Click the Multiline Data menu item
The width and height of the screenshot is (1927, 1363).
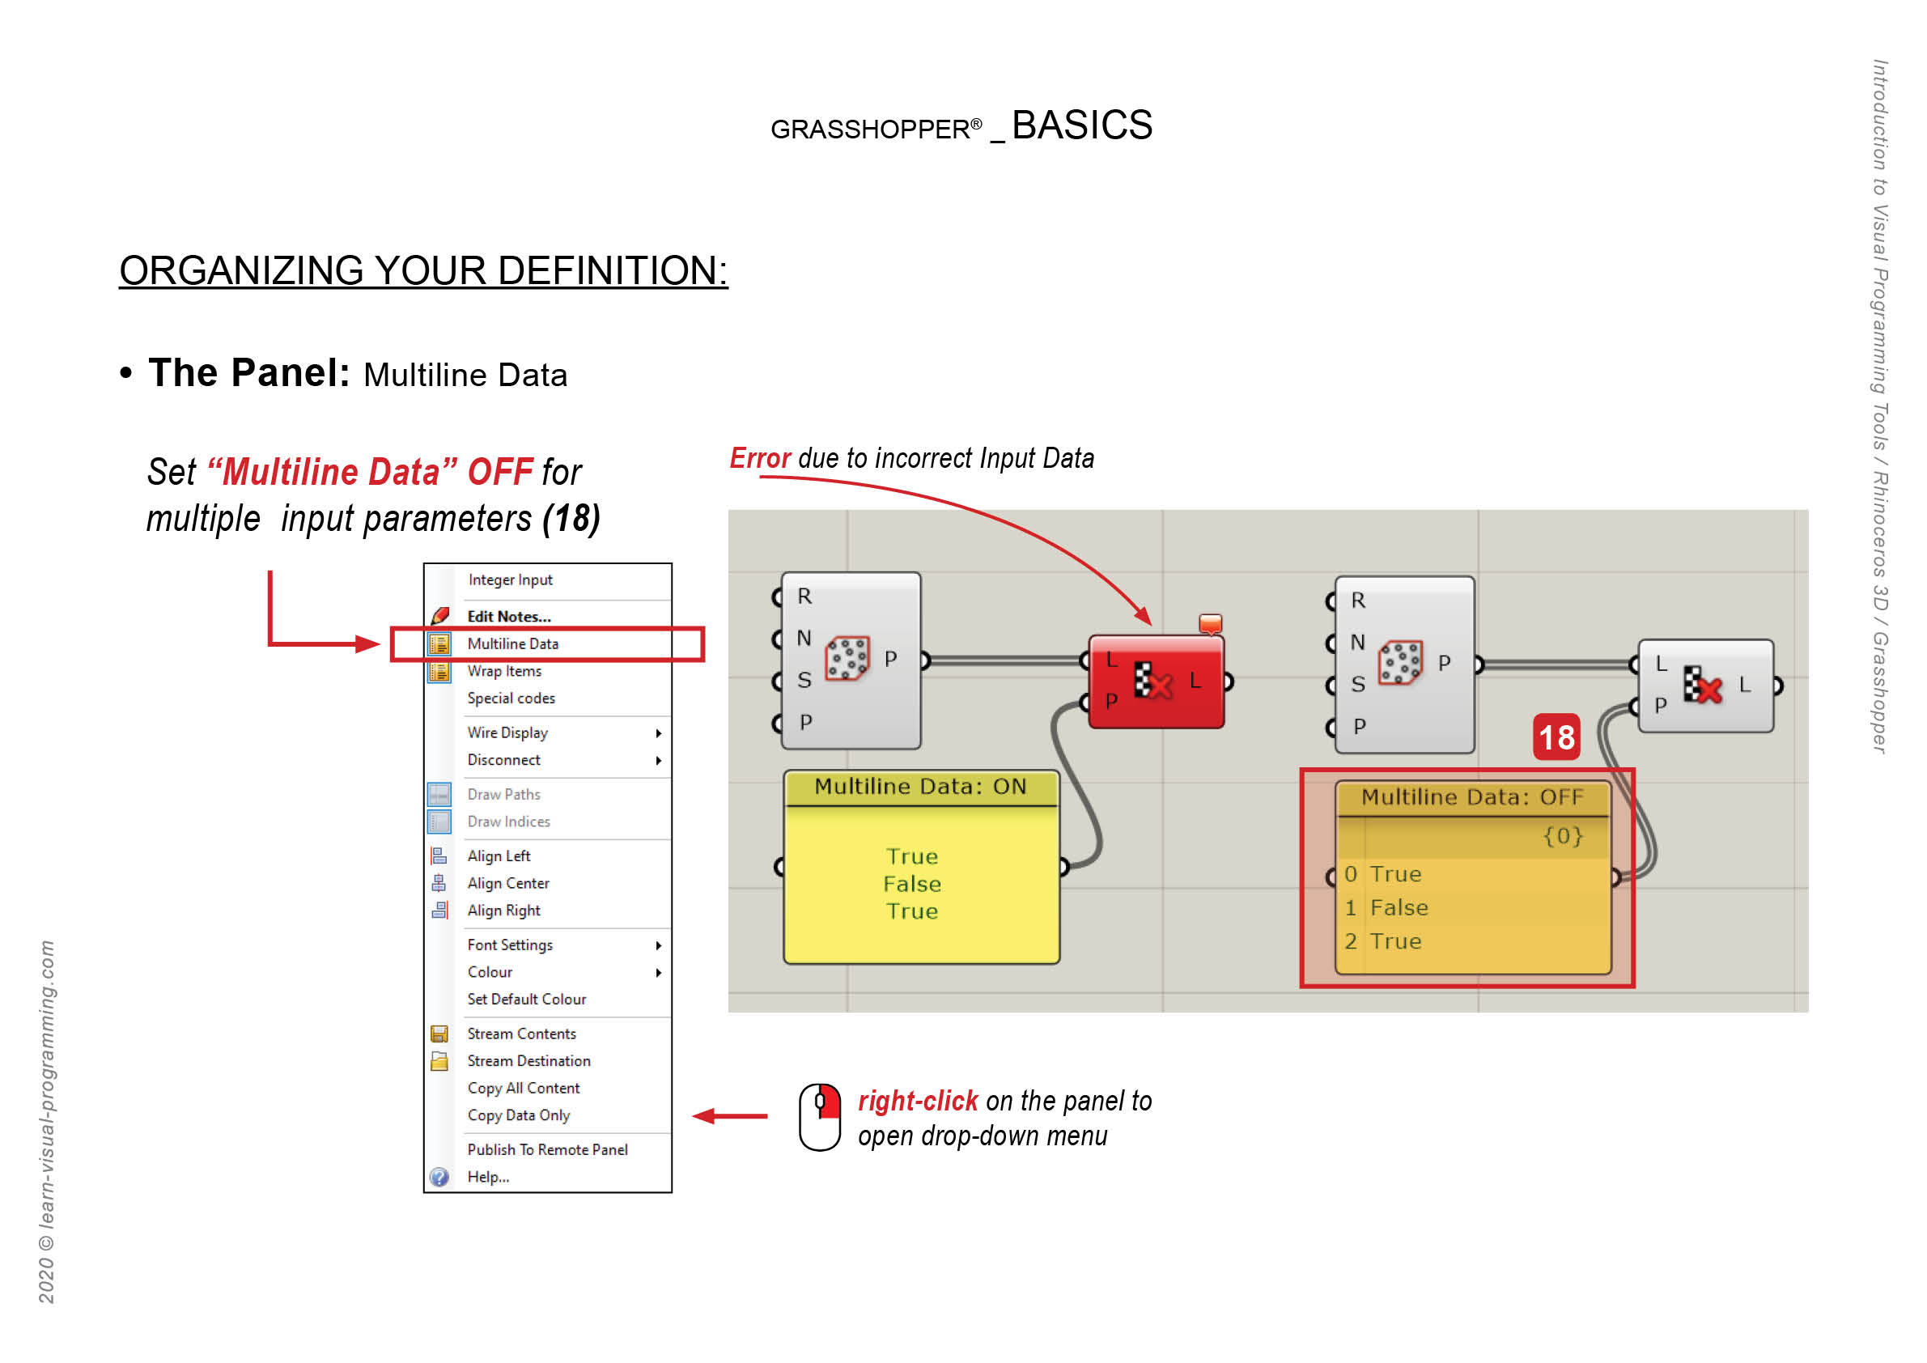513,643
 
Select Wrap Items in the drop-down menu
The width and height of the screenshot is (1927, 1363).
504,672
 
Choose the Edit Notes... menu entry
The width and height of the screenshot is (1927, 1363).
508,617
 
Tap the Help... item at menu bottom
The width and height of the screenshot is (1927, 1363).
488,1178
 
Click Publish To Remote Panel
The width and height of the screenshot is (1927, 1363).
547,1150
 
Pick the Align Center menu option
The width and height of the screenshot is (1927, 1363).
507,884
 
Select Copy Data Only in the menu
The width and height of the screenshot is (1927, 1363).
518,1115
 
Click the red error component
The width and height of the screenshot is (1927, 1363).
1157,681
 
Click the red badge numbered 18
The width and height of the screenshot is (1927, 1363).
1556,737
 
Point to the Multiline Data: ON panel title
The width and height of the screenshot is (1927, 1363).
921,788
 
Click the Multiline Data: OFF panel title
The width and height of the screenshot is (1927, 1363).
1472,797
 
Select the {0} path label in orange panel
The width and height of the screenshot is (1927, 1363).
1562,836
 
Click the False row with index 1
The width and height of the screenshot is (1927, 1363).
1399,908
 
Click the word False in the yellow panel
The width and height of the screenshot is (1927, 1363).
912,885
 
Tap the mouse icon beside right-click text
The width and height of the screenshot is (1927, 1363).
820,1117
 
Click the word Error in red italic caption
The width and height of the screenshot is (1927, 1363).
760,458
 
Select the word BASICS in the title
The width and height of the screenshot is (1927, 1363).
1082,126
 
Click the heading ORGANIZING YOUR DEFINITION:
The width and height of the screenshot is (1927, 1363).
423,271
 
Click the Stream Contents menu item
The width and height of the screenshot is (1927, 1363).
521,1034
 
